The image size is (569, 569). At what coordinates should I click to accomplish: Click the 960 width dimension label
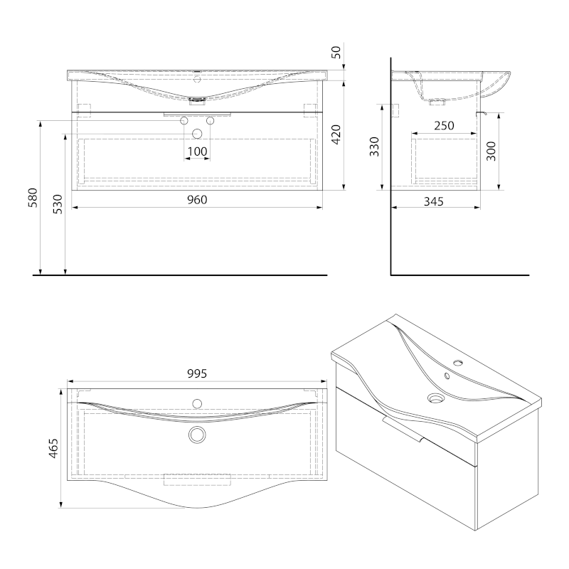coord(197,200)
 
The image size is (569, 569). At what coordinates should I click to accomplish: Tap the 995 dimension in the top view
coord(197,373)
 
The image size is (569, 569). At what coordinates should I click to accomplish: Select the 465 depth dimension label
coord(53,449)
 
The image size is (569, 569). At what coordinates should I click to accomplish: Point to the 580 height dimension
coord(33,198)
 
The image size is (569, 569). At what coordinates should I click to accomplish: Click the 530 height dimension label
coord(58,204)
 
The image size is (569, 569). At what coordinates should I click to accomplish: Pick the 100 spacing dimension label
coord(198,151)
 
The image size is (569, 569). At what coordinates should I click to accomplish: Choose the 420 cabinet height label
coord(336,134)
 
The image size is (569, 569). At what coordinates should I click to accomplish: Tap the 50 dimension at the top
coord(336,53)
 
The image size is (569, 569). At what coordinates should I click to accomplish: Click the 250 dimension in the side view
coord(444,126)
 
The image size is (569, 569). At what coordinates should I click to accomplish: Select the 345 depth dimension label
coord(434,201)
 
